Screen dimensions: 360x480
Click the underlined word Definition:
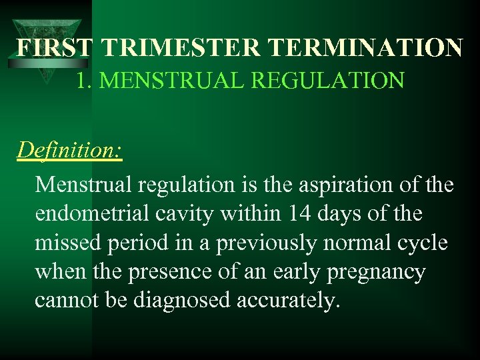coord(69,149)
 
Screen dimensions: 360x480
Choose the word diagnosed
coord(182,301)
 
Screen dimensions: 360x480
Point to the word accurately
coord(289,301)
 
